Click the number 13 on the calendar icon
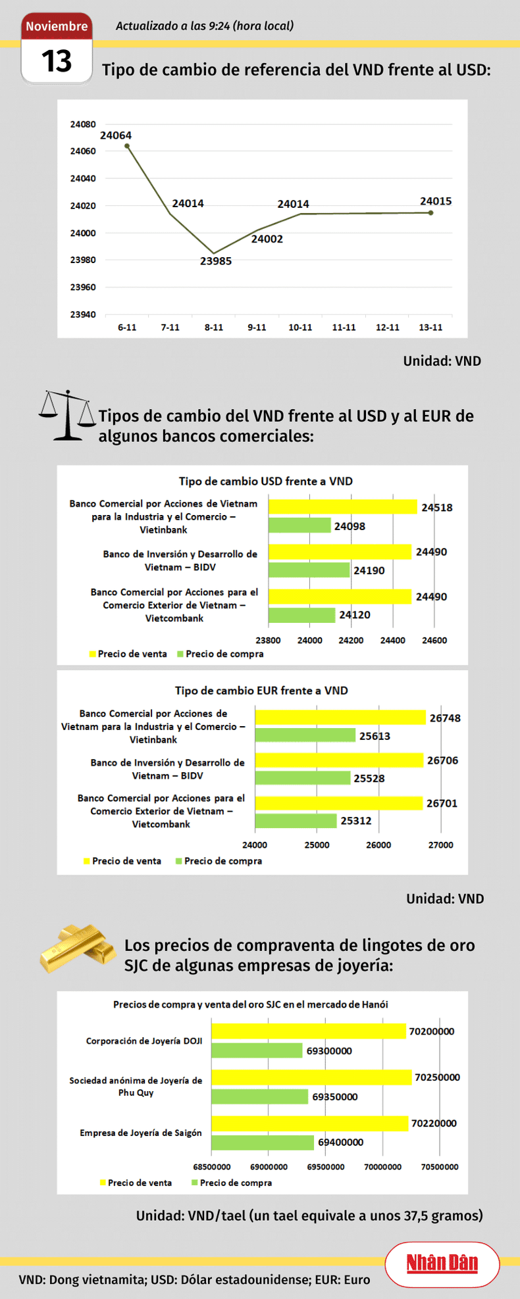point(57,61)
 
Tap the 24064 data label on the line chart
point(116,135)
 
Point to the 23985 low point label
point(216,261)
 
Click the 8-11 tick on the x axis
point(214,328)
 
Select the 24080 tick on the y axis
point(83,124)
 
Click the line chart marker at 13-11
point(430,212)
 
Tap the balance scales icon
point(68,415)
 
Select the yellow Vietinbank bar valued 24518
point(342,506)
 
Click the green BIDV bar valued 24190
point(309,570)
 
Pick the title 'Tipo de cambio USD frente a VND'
point(266,481)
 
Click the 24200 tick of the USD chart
point(351,640)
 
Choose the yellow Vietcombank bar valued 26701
point(338,802)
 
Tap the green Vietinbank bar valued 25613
point(305,735)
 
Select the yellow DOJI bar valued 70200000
point(309,1031)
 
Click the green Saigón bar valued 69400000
point(263,1142)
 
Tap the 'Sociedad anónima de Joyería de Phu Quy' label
point(136,1086)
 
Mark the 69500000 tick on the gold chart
point(326,1167)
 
